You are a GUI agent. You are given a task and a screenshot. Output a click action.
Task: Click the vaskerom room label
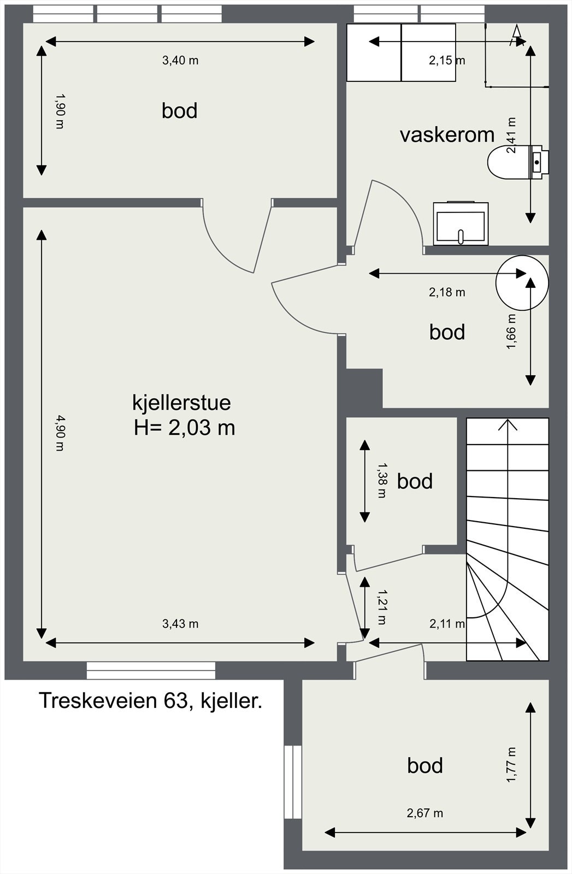pos(447,134)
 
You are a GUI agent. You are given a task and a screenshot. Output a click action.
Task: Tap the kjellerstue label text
pos(181,403)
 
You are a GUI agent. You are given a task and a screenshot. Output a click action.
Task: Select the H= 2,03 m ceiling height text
pos(184,427)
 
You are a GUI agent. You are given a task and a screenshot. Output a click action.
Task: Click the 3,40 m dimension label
pos(180,61)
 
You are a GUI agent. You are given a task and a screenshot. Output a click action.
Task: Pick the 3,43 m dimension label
pos(180,624)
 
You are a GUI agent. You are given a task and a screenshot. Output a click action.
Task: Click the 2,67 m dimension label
pos(424,813)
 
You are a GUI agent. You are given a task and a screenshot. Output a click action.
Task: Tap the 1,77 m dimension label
pos(512,765)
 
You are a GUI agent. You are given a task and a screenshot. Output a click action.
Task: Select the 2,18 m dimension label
pos(447,292)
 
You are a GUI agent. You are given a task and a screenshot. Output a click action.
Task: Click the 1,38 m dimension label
pos(382,480)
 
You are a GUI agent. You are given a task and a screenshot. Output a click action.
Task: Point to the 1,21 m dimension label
pos(382,607)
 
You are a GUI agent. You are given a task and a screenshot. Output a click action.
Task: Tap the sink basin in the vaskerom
pos(461,225)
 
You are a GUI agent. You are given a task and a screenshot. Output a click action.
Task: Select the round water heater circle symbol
pos(521,282)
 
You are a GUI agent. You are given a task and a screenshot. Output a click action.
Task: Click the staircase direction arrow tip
pos(509,421)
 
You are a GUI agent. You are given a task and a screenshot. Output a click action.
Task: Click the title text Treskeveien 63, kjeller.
pos(150,701)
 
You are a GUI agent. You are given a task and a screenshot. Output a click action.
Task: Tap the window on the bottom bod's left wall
pos(293,782)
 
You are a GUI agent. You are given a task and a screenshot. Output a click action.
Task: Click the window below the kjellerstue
pos(151,670)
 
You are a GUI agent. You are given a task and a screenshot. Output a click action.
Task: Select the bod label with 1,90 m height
pos(179,111)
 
